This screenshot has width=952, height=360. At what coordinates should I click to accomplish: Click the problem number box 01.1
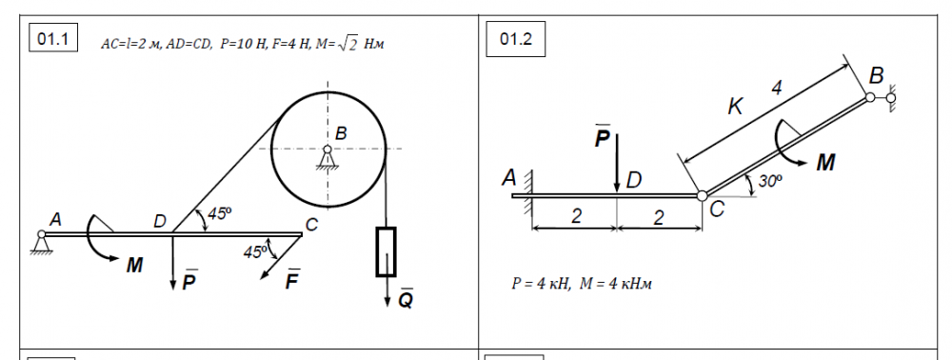[x=53, y=39]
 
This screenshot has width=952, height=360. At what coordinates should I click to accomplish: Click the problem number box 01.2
[x=515, y=39]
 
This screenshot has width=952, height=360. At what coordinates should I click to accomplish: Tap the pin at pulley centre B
[x=327, y=149]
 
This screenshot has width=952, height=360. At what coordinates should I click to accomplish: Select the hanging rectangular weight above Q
[x=386, y=252]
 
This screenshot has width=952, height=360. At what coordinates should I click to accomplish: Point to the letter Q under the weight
[x=406, y=299]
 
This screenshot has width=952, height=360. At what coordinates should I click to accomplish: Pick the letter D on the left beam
[x=160, y=222]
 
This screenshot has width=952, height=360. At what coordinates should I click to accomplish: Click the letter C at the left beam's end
[x=311, y=225]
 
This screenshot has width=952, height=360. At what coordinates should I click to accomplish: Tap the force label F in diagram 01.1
[x=292, y=280]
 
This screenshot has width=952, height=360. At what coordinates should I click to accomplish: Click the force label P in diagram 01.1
[x=189, y=280]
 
